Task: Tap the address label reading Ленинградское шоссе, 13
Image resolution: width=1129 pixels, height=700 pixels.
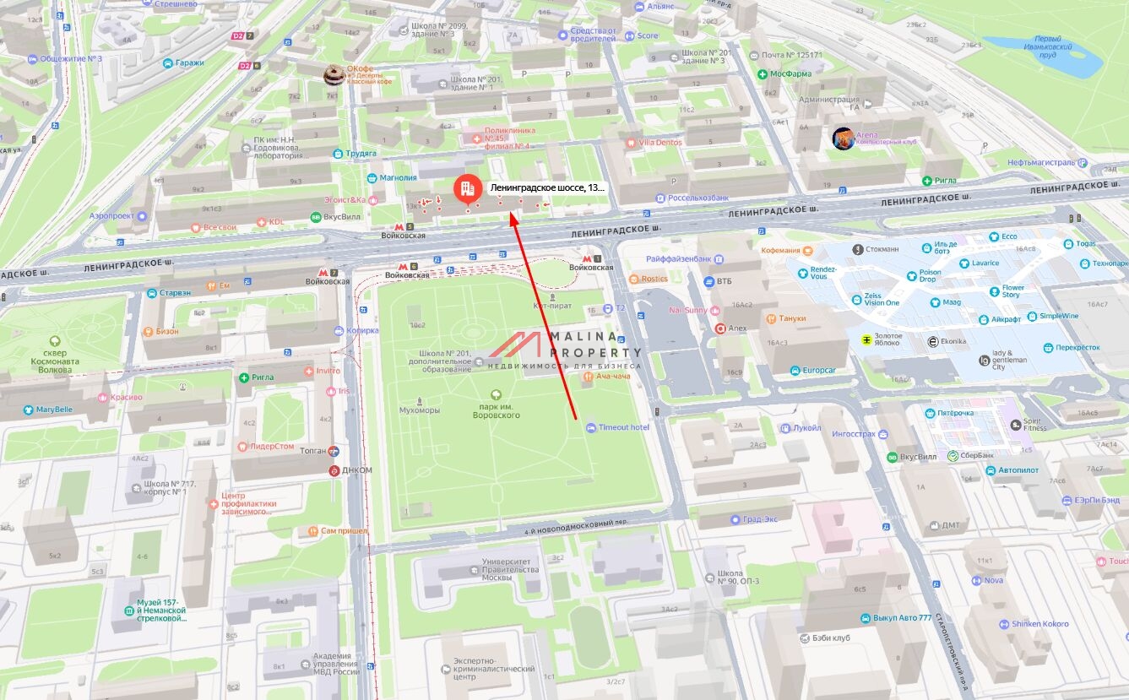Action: pyautogui.click(x=548, y=188)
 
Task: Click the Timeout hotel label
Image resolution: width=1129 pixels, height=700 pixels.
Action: pyautogui.click(x=623, y=427)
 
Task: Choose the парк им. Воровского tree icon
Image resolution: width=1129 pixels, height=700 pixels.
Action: pyautogui.click(x=495, y=394)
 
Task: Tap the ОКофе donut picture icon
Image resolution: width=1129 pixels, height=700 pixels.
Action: pyautogui.click(x=335, y=75)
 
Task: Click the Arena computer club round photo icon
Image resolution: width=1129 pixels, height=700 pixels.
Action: pyautogui.click(x=843, y=138)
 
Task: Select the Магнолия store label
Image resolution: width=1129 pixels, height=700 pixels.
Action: pyautogui.click(x=398, y=177)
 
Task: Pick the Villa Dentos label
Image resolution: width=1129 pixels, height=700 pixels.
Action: pyautogui.click(x=659, y=143)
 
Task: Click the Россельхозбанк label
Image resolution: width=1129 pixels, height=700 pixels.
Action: pyautogui.click(x=697, y=198)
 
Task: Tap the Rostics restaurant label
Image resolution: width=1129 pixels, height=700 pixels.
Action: pyautogui.click(x=654, y=279)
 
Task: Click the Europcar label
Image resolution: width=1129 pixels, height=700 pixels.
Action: pyautogui.click(x=817, y=371)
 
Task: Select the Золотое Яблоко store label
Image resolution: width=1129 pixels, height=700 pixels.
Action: pyautogui.click(x=882, y=340)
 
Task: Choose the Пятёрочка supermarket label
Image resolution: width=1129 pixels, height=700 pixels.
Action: pyautogui.click(x=954, y=413)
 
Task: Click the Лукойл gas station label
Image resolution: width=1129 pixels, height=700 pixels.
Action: pyautogui.click(x=806, y=428)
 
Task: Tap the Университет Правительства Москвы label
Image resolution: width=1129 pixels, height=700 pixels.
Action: pyautogui.click(x=510, y=569)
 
